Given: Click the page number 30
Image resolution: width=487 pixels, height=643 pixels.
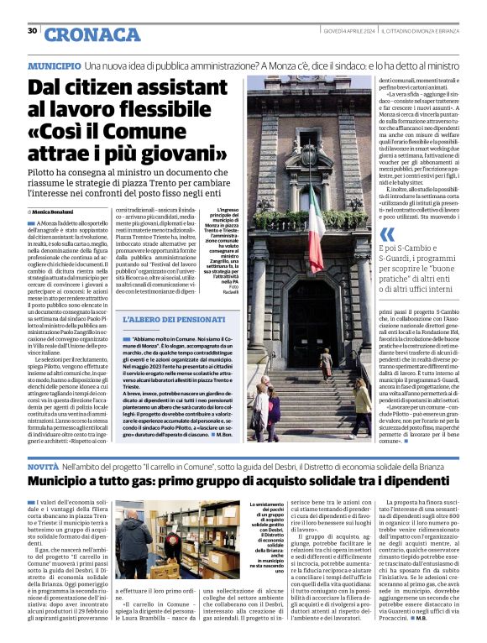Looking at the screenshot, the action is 32,31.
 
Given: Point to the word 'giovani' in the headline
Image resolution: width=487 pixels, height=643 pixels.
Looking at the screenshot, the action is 182,154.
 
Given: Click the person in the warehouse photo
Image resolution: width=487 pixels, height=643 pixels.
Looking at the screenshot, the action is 132,545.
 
